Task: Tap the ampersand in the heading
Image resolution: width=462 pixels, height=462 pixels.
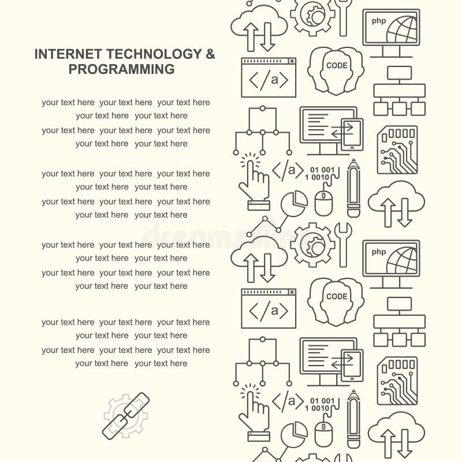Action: (210, 54)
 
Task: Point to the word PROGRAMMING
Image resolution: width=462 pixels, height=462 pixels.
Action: (122, 69)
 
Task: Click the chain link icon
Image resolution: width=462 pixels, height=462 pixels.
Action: (126, 416)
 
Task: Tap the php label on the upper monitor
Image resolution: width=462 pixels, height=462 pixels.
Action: (378, 21)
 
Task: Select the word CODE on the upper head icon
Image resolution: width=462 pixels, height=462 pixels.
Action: (337, 65)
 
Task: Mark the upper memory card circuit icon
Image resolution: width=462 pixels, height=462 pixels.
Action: (397, 150)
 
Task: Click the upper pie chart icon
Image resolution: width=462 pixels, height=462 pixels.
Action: (294, 204)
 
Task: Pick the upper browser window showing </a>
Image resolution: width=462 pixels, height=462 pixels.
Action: (268, 77)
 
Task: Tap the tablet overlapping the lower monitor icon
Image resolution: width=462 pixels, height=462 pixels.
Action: (352, 365)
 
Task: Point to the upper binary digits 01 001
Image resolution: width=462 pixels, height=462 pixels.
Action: (322, 169)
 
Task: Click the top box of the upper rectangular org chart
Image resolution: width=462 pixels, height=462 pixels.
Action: (399, 73)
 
